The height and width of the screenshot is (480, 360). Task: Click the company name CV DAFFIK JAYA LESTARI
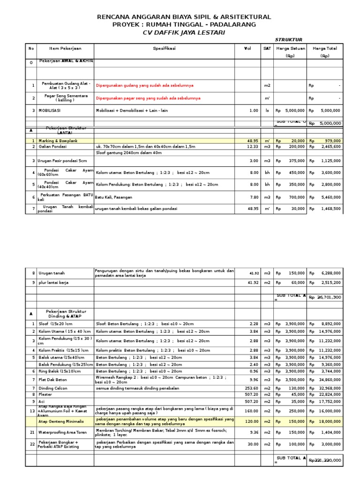(184, 32)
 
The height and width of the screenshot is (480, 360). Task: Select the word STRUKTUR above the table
(288, 40)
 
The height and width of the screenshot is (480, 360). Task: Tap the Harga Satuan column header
(290, 48)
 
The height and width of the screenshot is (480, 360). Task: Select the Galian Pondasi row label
(52, 147)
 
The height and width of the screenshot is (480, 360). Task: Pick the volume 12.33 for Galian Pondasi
(252, 147)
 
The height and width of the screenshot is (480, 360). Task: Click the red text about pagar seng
(148, 98)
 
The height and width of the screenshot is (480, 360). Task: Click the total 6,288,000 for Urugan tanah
(331, 273)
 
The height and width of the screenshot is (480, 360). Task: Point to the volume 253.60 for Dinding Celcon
(251, 388)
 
